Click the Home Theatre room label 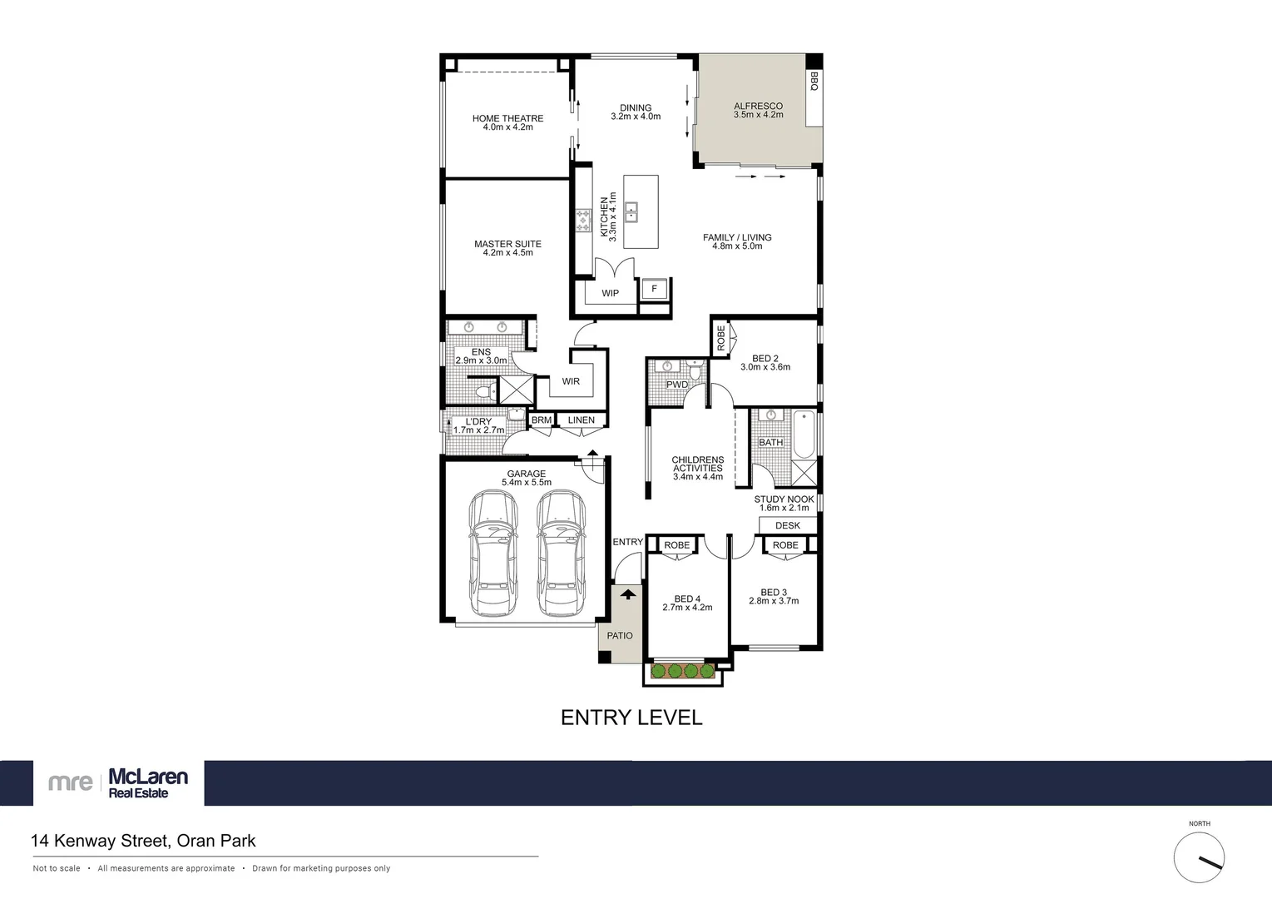pos(507,118)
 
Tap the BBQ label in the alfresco pos(814,82)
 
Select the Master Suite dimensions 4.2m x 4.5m pos(507,253)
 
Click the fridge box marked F pos(655,289)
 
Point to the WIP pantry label pos(610,293)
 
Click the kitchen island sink pos(631,212)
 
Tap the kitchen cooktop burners pos(582,221)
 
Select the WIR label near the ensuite pos(571,381)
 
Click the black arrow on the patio pos(628,594)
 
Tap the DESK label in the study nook pos(787,525)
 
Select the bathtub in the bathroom pos(804,435)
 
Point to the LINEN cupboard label pos(582,420)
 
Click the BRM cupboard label pos(542,420)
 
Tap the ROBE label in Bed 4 pos(676,545)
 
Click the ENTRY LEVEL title pos(631,718)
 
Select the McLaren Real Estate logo pos(119,782)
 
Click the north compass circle pos(1199,858)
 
